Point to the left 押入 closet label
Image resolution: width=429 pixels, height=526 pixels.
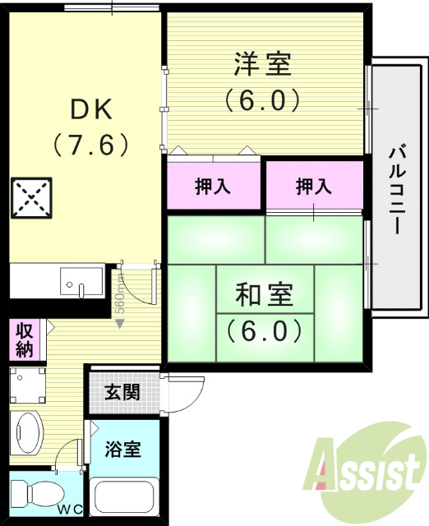(213, 187)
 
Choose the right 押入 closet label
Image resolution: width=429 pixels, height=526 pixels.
(313, 187)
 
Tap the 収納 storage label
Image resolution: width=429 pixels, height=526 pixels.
(25, 338)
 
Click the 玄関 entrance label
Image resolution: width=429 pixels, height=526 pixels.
(122, 392)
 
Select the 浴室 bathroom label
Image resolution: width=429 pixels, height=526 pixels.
(123, 450)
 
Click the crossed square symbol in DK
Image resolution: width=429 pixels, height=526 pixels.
(30, 198)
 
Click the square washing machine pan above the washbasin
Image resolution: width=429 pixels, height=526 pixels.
(30, 385)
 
